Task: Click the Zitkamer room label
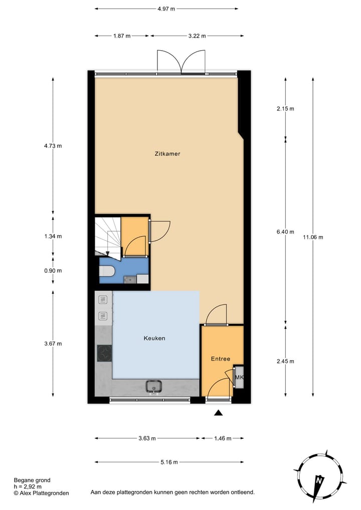click(167, 154)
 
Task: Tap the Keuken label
click(153, 338)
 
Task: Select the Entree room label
click(220, 359)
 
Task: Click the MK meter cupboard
click(239, 377)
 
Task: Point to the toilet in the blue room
click(107, 271)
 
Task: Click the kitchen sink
click(153, 386)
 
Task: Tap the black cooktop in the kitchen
click(104, 354)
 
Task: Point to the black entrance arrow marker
click(218, 413)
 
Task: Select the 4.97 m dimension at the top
click(166, 9)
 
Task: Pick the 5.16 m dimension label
click(169, 462)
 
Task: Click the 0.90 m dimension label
click(53, 271)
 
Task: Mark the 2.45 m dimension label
click(285, 361)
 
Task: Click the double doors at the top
click(182, 62)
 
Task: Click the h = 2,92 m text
click(28, 486)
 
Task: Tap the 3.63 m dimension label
click(147, 438)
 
